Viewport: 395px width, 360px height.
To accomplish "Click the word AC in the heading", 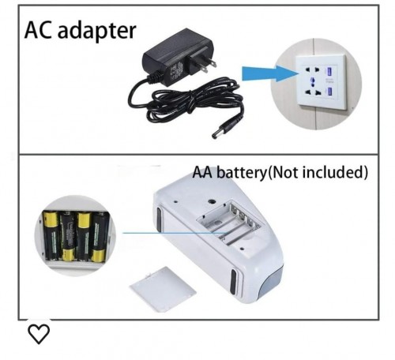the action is click(38, 30).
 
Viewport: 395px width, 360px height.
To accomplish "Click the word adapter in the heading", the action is click(96, 32).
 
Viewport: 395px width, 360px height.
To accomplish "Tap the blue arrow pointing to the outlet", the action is click(269, 73).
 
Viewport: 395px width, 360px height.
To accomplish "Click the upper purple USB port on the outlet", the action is click(329, 72).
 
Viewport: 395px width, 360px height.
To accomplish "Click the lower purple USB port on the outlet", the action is click(329, 92).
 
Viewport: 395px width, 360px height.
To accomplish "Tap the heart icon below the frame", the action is click(39, 334).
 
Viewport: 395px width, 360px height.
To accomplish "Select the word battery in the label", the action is click(243, 173).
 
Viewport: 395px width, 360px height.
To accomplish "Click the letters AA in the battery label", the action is click(205, 172).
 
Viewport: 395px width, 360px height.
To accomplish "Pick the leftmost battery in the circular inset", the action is click(51, 236).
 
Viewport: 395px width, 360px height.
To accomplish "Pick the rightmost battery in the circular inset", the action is click(99, 238).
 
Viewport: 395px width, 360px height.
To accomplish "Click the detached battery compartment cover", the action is click(163, 289).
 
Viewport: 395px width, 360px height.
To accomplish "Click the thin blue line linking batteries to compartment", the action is click(175, 233).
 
